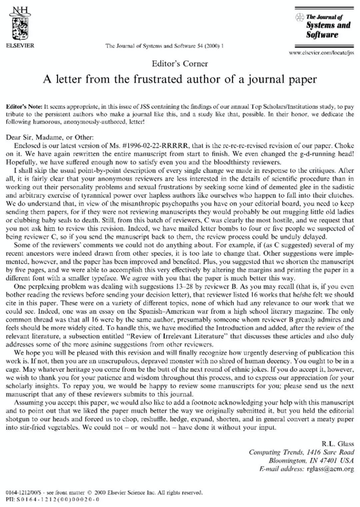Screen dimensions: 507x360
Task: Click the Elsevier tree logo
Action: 18,23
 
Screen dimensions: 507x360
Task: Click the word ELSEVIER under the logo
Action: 18,45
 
